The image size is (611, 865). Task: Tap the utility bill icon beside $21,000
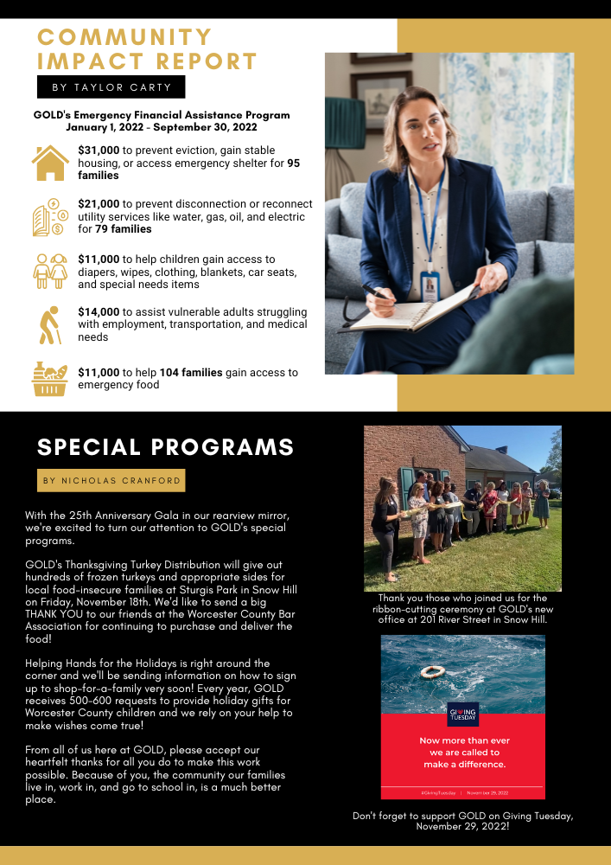pos(50,217)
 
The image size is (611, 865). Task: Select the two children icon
pos(50,271)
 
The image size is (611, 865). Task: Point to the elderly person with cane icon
pos(50,324)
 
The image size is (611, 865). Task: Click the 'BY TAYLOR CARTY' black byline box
pos(111,87)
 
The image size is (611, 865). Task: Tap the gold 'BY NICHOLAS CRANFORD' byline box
pos(111,480)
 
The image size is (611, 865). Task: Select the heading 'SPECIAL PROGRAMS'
pos(166,447)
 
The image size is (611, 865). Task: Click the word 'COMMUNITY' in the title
pos(125,37)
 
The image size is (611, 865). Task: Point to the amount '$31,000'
pos(99,150)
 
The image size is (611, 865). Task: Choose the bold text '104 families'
pos(191,373)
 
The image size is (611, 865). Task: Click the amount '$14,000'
pos(99,311)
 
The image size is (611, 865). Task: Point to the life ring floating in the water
pos(433,671)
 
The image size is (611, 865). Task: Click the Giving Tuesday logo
pos(462,714)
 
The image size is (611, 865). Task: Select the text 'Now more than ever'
pos(464,740)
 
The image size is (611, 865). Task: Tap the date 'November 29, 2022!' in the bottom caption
pos(462,827)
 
